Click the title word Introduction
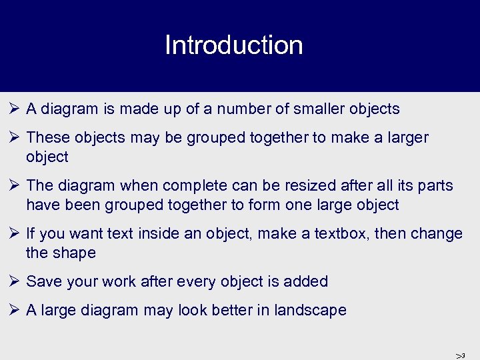[x=233, y=45]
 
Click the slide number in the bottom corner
[x=460, y=355]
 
